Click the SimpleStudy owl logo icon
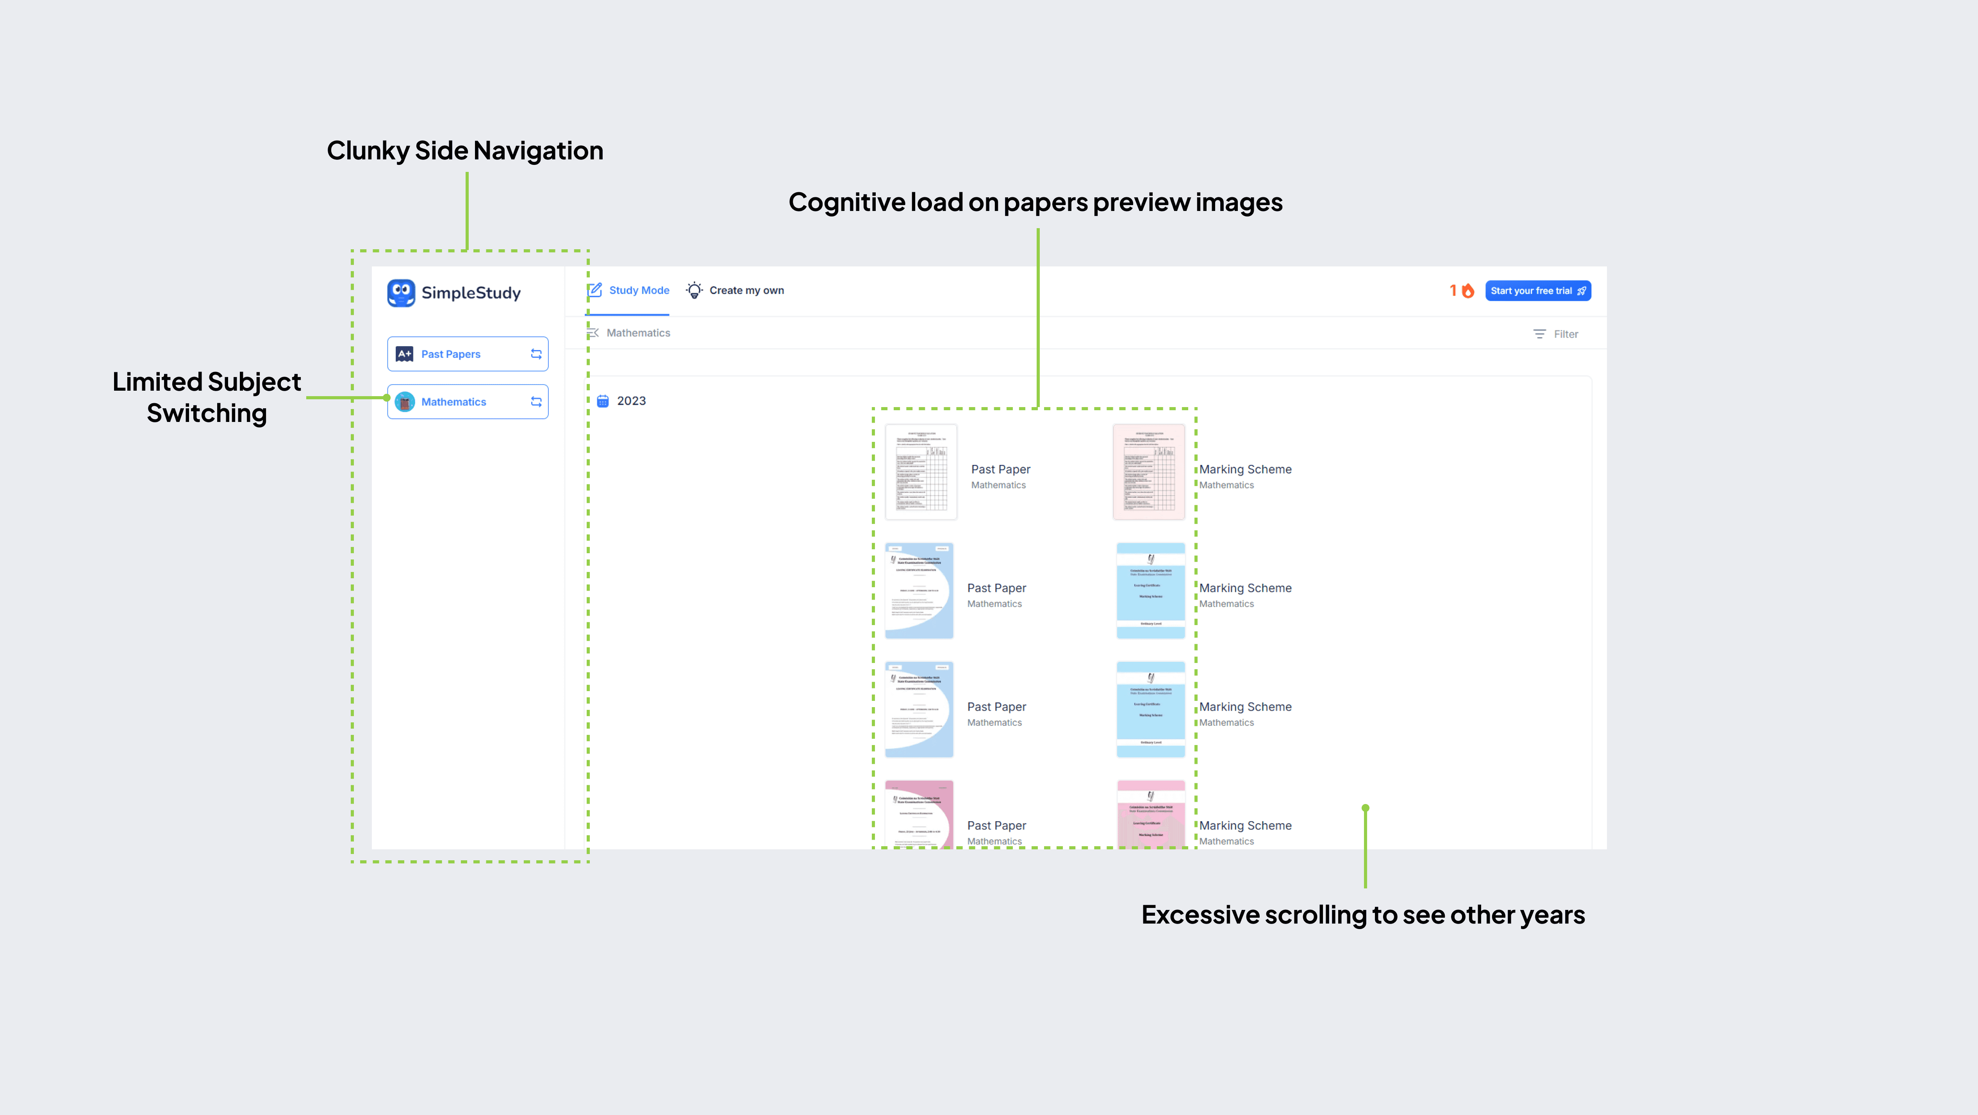[x=401, y=293]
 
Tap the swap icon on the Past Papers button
[x=536, y=354]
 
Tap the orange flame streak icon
[x=1468, y=291]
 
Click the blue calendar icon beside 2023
[x=603, y=401]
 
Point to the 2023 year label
[x=631, y=401]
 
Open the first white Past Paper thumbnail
[x=921, y=472]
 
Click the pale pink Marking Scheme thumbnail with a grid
[x=1149, y=472]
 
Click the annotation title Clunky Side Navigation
[x=464, y=150]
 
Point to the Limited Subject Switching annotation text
[x=207, y=397]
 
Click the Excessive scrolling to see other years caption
[x=1363, y=915]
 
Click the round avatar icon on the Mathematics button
[x=405, y=402]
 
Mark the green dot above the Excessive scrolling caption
[x=1365, y=808]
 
